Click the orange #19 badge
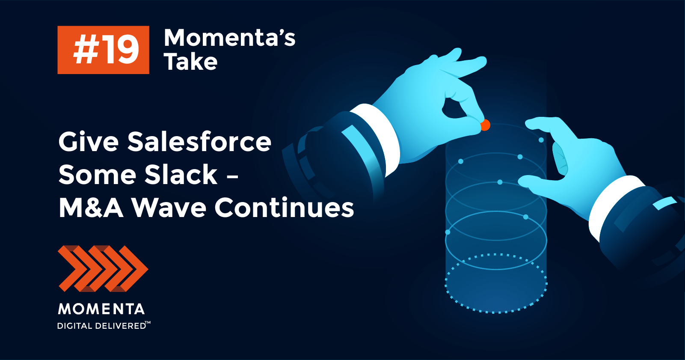pos(104,50)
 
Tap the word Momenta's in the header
pos(230,38)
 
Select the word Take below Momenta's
pos(191,62)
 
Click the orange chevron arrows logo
pos(103,268)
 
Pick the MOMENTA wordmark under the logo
pos(101,309)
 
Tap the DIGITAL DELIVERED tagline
pos(101,326)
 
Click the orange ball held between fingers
pos(485,125)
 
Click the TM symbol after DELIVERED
pos(148,322)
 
